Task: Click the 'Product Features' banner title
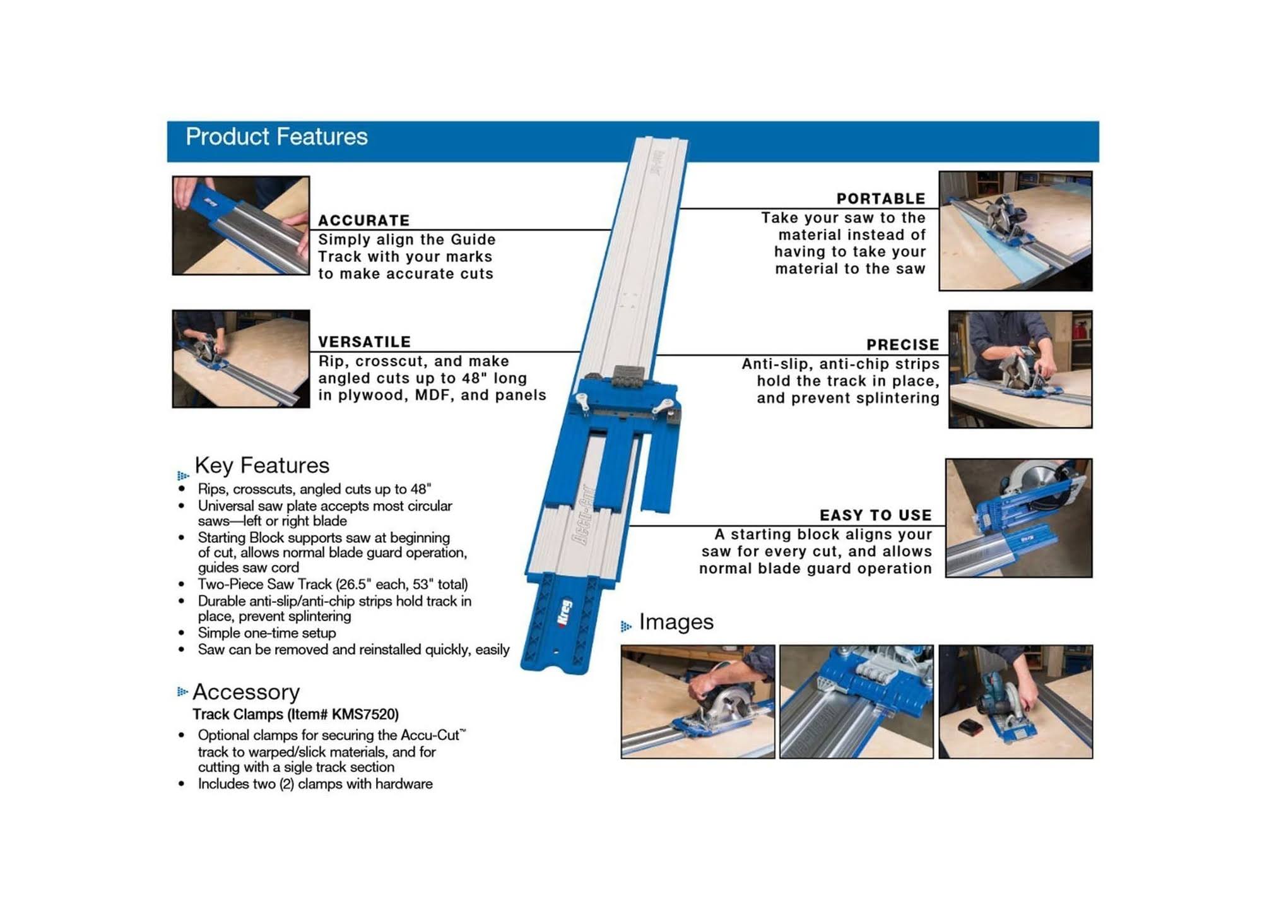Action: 276,137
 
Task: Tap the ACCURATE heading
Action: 364,220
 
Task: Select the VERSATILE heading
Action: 365,342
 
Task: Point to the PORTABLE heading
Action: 881,198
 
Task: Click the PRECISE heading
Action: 903,345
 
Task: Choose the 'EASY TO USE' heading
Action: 876,515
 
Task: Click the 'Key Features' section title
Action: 262,465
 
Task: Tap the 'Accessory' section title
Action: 246,692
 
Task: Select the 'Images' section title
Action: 676,622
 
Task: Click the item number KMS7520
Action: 365,714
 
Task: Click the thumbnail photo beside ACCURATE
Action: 241,225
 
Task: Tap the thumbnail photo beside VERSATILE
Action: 241,359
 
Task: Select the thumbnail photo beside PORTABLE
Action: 1015,231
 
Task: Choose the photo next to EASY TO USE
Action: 1018,518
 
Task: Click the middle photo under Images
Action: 856,701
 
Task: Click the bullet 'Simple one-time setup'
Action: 267,633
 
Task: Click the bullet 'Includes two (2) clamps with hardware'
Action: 315,783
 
